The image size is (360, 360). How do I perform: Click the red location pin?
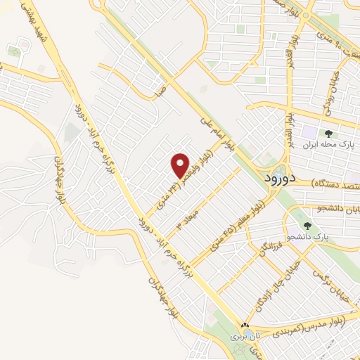tap(181, 165)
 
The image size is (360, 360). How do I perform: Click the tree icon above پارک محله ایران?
tap(328, 134)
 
